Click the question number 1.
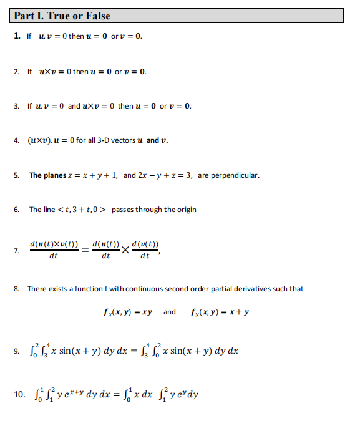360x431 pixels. pyautogui.click(x=16, y=36)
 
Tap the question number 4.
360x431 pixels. pyautogui.click(x=16, y=140)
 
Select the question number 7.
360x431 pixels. pyautogui.click(x=16, y=251)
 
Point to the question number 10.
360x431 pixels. pyautogui.click(x=19, y=394)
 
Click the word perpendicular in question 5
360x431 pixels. pyautogui.click(x=236, y=175)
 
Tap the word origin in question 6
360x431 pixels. pyautogui.click(x=184, y=210)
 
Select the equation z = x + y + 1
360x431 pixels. pyautogui.click(x=93, y=175)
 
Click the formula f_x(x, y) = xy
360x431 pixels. pyautogui.click(x=128, y=312)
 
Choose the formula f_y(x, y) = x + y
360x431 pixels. pyautogui.click(x=218, y=312)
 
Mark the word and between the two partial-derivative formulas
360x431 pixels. pyautogui.click(x=170, y=312)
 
